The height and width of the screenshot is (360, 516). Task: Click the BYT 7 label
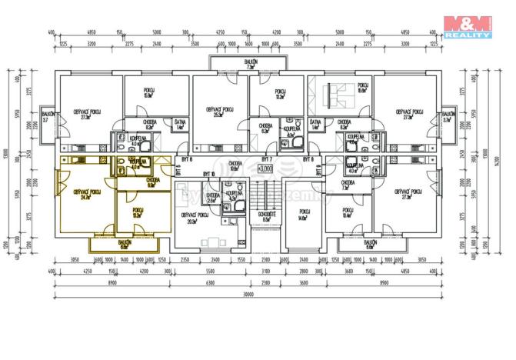(x=268, y=158)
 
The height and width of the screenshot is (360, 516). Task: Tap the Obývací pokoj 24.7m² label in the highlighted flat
(x=85, y=194)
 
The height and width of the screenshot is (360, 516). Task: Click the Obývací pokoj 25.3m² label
(x=219, y=113)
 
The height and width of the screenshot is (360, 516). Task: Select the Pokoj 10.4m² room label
(x=348, y=213)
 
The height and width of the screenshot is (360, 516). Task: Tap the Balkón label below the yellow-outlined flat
(x=125, y=243)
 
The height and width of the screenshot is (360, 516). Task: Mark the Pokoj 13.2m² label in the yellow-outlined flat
(x=137, y=212)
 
